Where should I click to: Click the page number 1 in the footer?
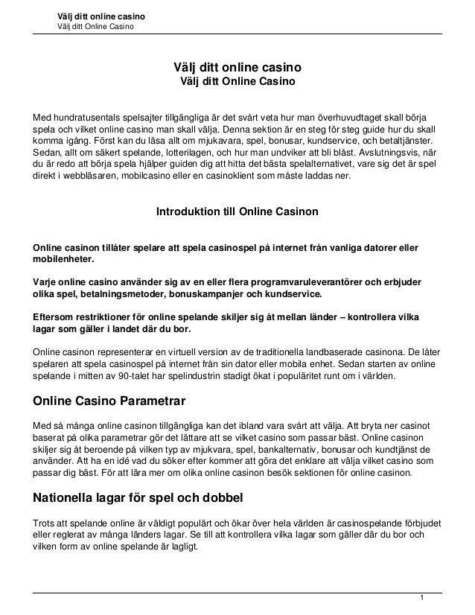point(421,598)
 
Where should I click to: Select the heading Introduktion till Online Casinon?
point(237,213)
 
